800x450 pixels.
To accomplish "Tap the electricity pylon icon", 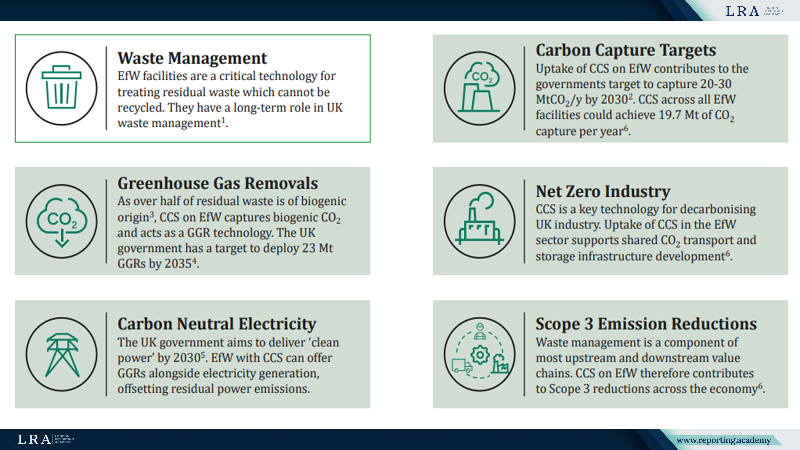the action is (x=62, y=355).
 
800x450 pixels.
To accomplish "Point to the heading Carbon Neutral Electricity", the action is (x=217, y=324).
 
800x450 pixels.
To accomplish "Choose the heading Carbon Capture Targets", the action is (x=626, y=50).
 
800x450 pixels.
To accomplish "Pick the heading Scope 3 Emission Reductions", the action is (x=646, y=324).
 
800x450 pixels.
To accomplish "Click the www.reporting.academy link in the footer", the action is (x=724, y=440).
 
